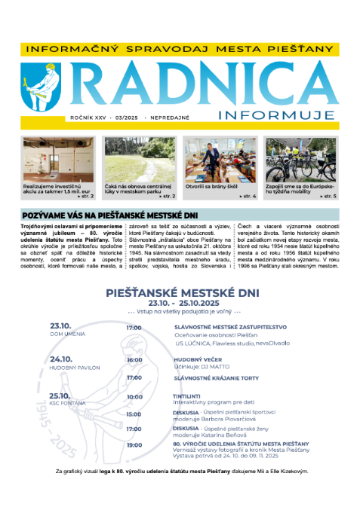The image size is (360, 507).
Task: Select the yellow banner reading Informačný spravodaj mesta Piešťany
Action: point(179,47)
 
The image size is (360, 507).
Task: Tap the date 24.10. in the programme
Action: point(62,360)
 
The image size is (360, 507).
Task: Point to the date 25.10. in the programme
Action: point(62,395)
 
